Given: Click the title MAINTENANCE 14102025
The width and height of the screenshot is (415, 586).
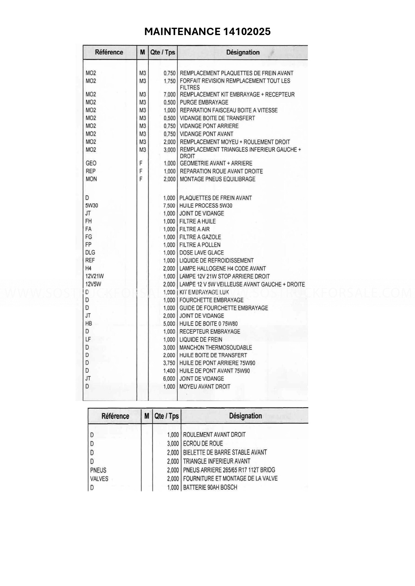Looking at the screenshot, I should tap(207, 31).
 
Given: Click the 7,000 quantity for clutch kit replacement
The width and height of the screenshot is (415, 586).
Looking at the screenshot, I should tap(169, 94).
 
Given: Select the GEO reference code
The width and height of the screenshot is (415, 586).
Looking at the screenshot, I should tap(91, 163).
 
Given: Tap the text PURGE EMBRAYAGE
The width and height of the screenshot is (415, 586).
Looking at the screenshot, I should tap(204, 102).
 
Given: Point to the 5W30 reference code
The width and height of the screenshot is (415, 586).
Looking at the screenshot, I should tap(92, 205).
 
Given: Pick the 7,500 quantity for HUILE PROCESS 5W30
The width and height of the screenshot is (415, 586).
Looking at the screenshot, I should tap(169, 206).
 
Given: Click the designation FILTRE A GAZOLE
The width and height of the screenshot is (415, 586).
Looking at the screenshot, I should tap(200, 237).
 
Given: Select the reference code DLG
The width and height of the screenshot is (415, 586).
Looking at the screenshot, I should tap(90, 252).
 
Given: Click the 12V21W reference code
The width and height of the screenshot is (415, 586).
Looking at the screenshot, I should tap(95, 276).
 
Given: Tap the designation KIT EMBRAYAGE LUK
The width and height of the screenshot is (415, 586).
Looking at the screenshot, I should tap(204, 292).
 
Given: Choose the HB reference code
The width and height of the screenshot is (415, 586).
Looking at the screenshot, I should tap(89, 324).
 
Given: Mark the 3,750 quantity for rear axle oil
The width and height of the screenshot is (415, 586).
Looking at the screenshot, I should tap(169, 363).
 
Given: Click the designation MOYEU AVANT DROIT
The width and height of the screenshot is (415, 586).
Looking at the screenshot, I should tap(205, 387).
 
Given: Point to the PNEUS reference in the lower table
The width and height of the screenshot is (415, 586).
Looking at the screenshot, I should tap(98, 470).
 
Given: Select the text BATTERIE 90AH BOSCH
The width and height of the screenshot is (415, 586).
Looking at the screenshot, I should tap(210, 487).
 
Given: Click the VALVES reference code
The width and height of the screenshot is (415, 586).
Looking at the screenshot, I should tap(99, 479).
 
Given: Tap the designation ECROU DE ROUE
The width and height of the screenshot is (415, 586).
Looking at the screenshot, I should tap(203, 443).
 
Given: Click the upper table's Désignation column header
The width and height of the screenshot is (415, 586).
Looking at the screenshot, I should tap(243, 52).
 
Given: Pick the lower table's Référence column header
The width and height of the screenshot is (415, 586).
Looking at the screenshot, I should tap(115, 416).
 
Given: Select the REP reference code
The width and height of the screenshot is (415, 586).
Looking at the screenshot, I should tap(91, 171).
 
